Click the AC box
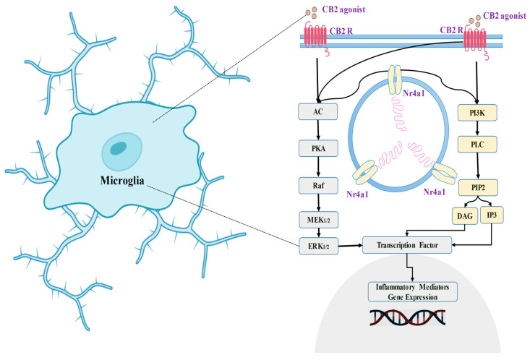(318, 113)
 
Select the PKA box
(318, 148)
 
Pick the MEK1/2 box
(318, 217)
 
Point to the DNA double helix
(407, 317)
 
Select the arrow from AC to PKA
(318, 131)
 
